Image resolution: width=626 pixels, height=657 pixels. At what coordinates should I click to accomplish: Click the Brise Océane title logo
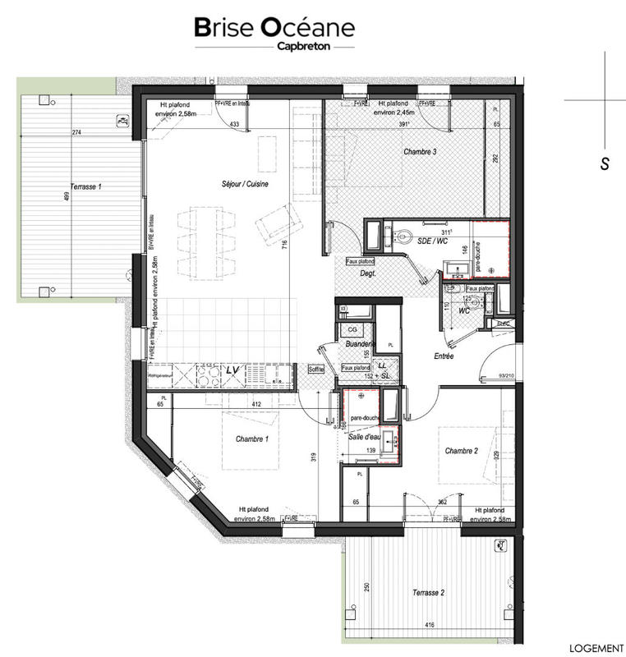(x=275, y=28)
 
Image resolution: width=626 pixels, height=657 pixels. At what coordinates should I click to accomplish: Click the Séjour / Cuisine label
(x=245, y=184)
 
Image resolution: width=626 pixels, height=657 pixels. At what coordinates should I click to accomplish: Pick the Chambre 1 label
(x=252, y=439)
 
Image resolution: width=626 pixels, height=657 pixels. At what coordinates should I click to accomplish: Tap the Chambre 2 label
(x=462, y=451)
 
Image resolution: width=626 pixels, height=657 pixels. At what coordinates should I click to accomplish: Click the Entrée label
(x=444, y=356)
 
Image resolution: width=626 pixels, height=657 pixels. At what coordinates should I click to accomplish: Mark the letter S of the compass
(x=604, y=164)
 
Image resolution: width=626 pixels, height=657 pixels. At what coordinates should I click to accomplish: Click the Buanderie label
(x=358, y=344)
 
